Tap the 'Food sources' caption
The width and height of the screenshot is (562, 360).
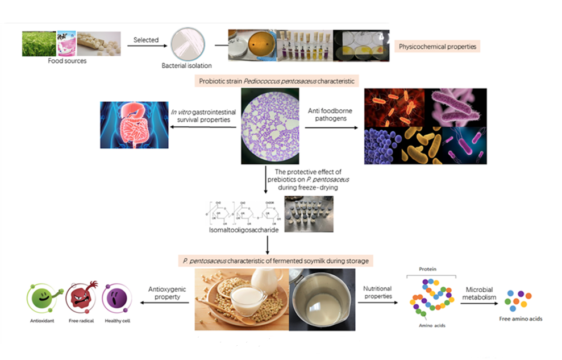pyautogui.click(x=67, y=61)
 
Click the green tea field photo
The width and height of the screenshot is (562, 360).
pyautogui.click(x=39, y=43)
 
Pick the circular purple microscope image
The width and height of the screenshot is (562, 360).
pyautogui.click(x=270, y=126)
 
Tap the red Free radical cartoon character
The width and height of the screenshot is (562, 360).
pyautogui.click(x=81, y=296)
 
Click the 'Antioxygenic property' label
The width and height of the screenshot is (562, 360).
pyautogui.click(x=165, y=293)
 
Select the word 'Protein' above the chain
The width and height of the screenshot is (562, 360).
pyautogui.click(x=427, y=269)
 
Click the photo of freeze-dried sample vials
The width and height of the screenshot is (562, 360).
pyautogui.click(x=308, y=214)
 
